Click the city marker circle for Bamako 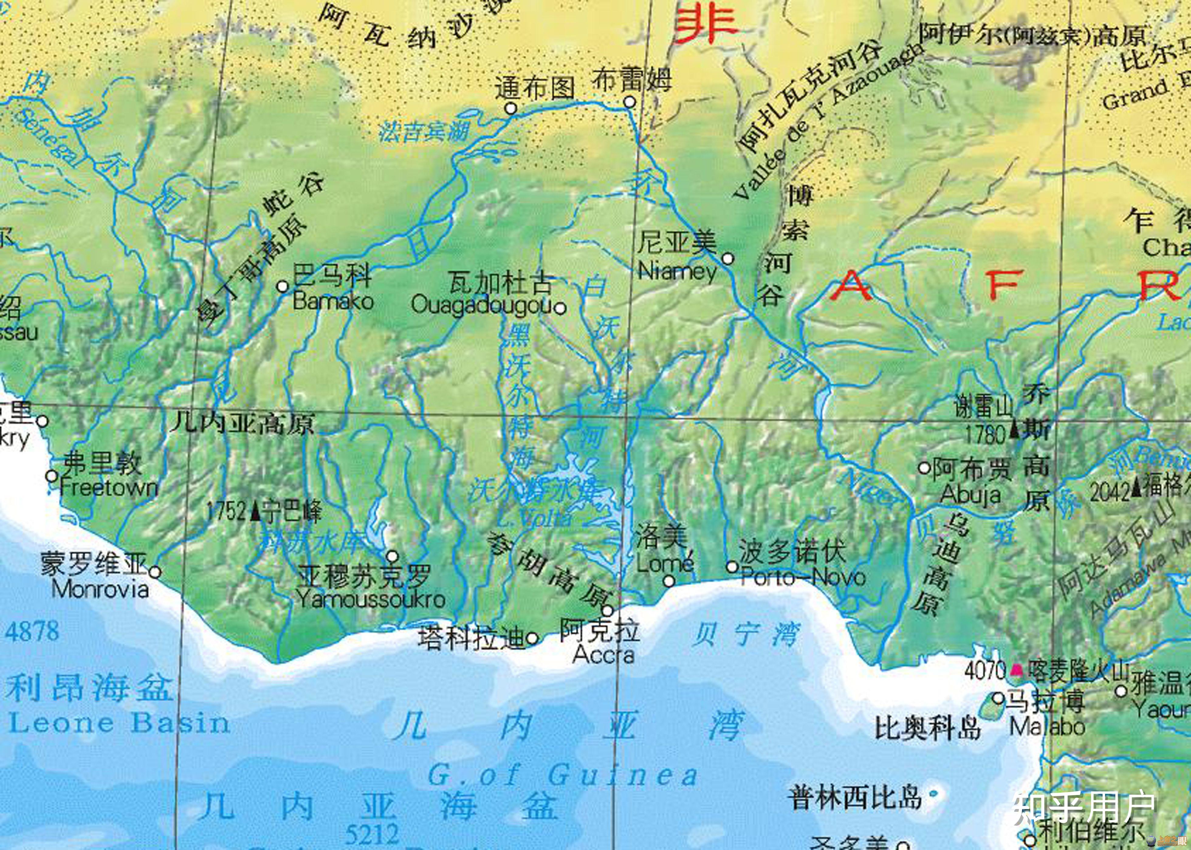[x=282, y=286]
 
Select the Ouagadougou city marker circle [x=560, y=308]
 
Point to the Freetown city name [x=109, y=488]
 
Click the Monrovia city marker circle [x=155, y=572]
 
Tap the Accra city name [x=603, y=654]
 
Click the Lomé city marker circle [x=669, y=581]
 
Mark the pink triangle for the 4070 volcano [x=1017, y=669]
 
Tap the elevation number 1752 [x=226, y=511]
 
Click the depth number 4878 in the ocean [x=33, y=631]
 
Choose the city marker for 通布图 [x=511, y=108]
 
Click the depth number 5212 [x=372, y=833]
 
